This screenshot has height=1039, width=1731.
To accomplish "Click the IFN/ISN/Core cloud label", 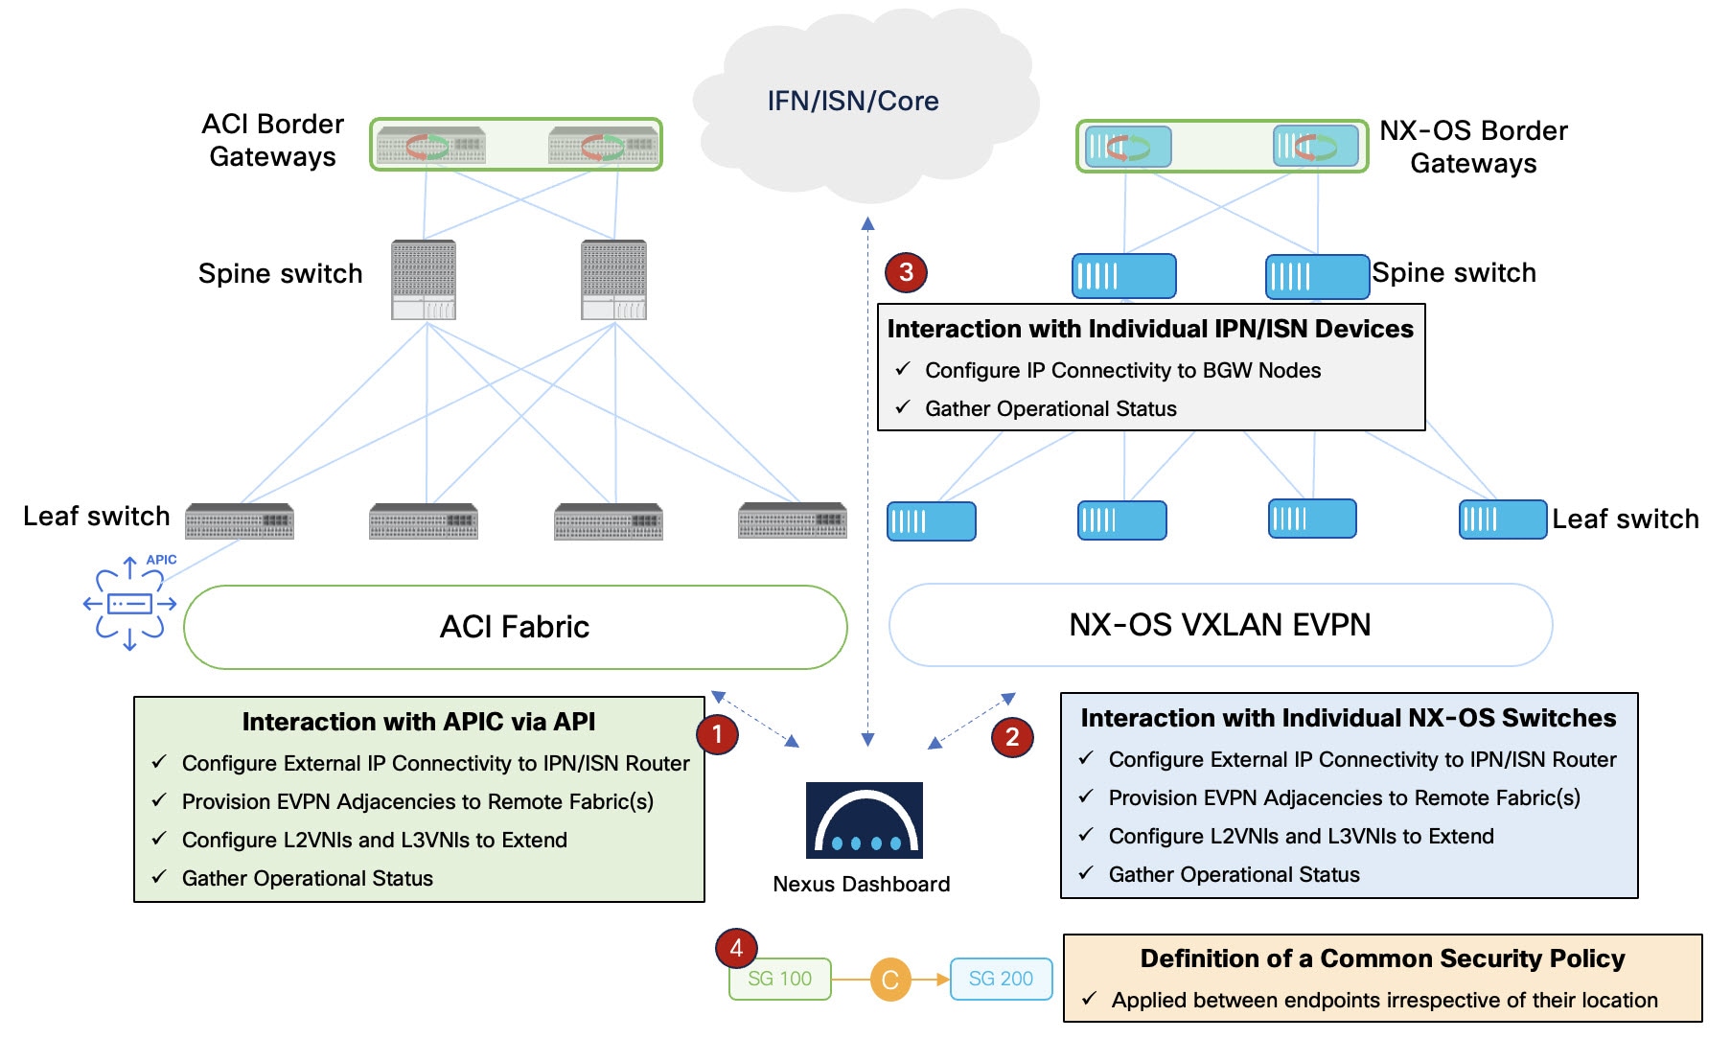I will point(852,101).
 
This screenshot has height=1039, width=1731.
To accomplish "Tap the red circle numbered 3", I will point(906,272).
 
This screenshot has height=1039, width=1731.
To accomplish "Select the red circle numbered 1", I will point(717,734).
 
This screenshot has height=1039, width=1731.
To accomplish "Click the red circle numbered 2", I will point(1012,737).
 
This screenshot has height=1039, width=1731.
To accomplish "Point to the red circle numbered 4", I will point(736,948).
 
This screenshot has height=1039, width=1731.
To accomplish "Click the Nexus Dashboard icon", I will point(864,820).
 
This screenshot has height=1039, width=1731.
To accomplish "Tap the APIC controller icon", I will point(129,604).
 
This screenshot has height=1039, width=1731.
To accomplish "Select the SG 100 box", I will point(779,979).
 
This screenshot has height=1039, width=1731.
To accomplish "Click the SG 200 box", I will point(1001,979).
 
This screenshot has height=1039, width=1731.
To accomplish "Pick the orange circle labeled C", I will point(889,980).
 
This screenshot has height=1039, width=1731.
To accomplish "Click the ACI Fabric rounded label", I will point(515,627).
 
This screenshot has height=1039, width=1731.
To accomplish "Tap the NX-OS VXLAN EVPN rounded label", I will point(1219,625).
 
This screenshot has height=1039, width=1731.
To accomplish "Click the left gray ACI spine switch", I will point(424,279).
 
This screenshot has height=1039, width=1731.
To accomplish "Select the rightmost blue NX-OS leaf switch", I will point(1502,519).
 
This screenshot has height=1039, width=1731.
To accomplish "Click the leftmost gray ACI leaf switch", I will point(240,521).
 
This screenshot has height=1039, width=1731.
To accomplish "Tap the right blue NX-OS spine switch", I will point(1316,276).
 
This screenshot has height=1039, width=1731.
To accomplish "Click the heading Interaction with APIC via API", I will point(418,722).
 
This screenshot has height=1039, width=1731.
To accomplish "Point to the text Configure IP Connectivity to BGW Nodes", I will point(1122,370).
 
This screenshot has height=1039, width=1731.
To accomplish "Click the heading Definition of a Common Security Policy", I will point(1382,958).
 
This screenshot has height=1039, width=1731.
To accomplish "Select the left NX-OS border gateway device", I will point(1128,147).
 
